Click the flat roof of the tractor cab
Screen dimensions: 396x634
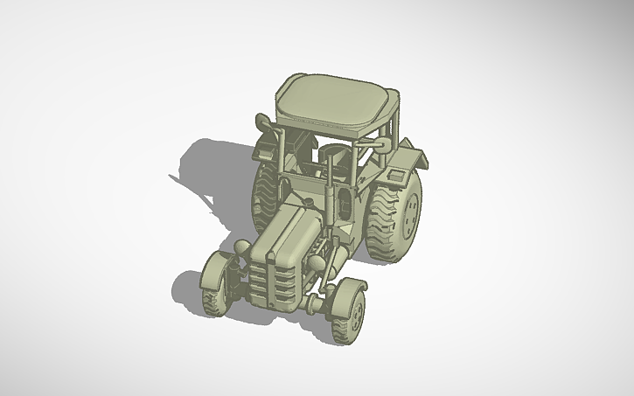[333, 101]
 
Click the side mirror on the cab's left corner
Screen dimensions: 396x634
[262, 122]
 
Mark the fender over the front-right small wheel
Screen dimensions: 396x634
[345, 288]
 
